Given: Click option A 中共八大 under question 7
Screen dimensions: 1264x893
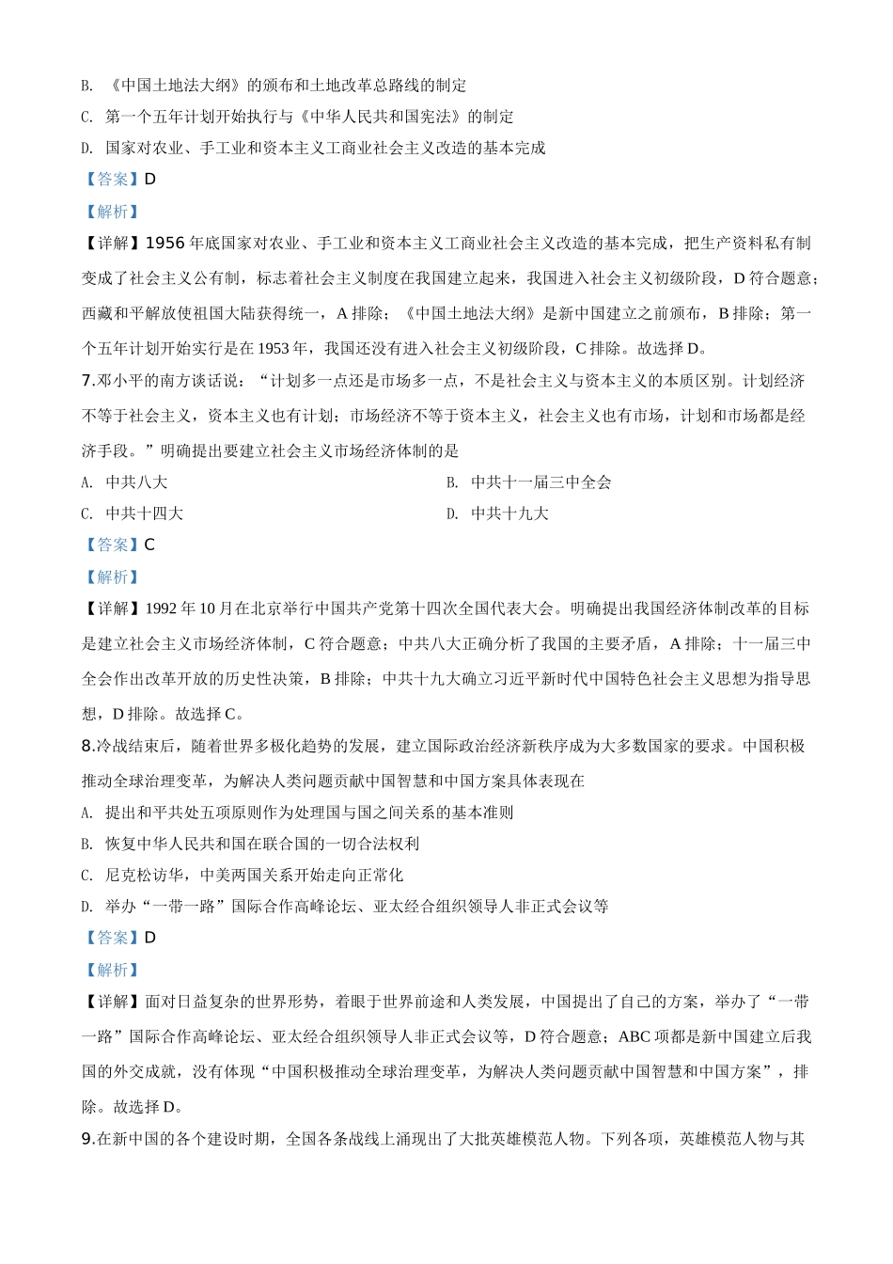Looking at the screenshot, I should (x=135, y=482).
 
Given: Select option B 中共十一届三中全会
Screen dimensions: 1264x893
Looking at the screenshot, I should (x=540, y=482).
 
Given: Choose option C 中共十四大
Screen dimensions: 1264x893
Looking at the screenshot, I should (x=144, y=513).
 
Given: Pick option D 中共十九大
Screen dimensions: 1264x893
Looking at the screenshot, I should (x=509, y=513).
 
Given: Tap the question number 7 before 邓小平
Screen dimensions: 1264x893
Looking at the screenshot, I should (x=86, y=381).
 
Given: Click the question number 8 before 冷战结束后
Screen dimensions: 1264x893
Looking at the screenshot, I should (x=86, y=746).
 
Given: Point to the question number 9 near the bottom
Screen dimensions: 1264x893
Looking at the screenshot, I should (x=86, y=1139).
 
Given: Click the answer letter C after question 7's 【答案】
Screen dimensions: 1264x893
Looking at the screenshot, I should (x=149, y=545).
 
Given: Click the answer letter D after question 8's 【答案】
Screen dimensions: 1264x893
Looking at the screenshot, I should (x=150, y=938).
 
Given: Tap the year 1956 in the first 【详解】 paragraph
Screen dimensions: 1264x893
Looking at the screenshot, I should (x=164, y=244).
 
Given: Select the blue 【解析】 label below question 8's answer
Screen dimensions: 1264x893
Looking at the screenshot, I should (x=111, y=970).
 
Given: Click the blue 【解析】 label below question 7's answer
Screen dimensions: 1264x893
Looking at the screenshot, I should (x=111, y=577).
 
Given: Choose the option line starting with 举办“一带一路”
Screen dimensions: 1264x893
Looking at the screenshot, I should (x=356, y=907).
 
